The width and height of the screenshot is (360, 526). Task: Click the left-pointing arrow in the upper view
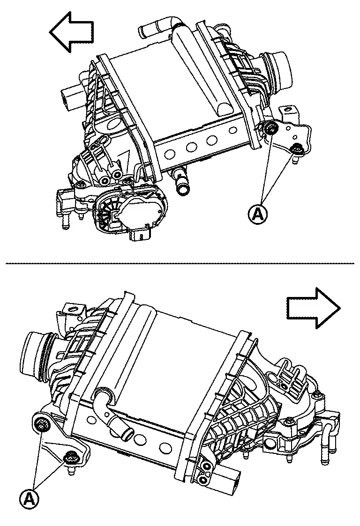71,31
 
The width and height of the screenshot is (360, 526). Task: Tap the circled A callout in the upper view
258,214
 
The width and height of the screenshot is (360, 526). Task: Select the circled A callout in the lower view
29,499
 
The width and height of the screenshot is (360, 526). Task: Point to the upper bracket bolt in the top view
270,129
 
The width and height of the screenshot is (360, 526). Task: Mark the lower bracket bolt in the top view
296,149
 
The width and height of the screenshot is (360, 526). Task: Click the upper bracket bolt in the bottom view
43,425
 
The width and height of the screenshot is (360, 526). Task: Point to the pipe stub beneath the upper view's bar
180,183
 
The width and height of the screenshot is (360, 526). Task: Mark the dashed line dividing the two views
180,263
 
